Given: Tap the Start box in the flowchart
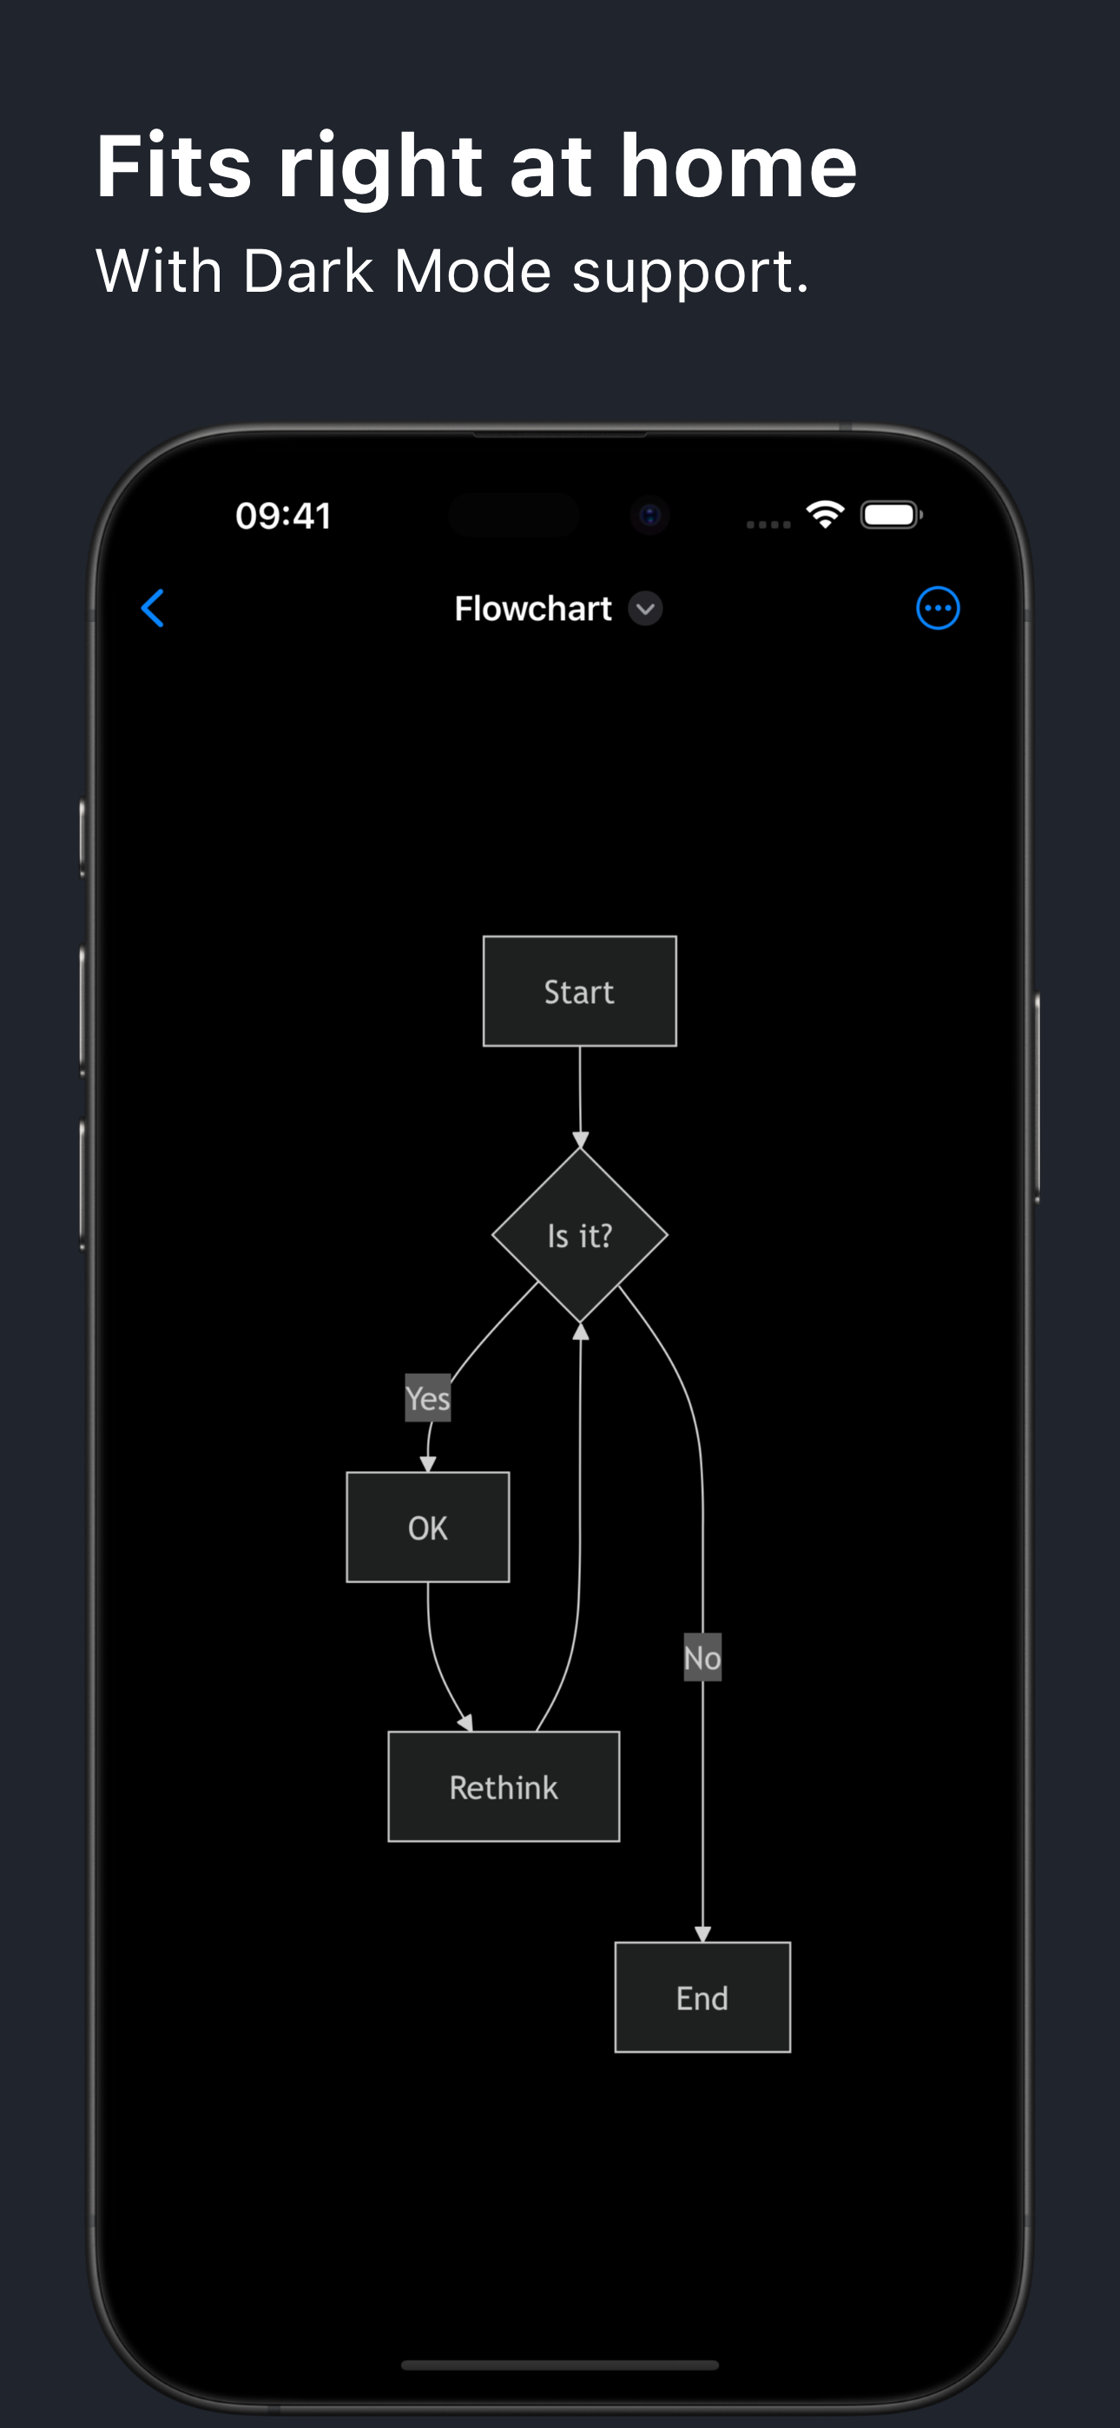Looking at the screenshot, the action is pyautogui.click(x=580, y=991).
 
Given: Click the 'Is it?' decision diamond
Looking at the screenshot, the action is pyautogui.click(x=580, y=1235).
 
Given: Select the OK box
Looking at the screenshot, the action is pyautogui.click(x=428, y=1527).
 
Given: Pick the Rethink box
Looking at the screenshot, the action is pyautogui.click(x=504, y=1786).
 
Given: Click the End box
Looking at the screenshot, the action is pyautogui.click(x=702, y=1997).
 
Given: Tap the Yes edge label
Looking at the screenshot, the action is pyautogui.click(x=428, y=1398).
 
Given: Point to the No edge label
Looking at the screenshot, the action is pyautogui.click(x=702, y=1657).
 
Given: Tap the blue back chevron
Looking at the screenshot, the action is pyautogui.click(x=153, y=608).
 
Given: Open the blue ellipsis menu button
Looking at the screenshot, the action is pyautogui.click(x=938, y=608).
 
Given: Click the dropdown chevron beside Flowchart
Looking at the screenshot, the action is pyautogui.click(x=646, y=609).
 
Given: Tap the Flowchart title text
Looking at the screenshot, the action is pyautogui.click(x=534, y=609).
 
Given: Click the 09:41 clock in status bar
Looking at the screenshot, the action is pyautogui.click(x=284, y=516).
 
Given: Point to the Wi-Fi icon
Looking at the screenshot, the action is pyautogui.click(x=825, y=515).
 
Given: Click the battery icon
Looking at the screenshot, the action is pyautogui.click(x=892, y=515).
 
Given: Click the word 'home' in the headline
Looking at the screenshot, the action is pyautogui.click(x=739, y=166).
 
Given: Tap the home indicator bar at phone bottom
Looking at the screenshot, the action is pyautogui.click(x=560, y=2365).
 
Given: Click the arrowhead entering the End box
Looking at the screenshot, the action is pyautogui.click(x=702, y=1934).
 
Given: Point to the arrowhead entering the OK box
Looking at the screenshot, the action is pyautogui.click(x=428, y=1464).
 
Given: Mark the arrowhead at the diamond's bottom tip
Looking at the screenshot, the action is pyautogui.click(x=581, y=1331).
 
